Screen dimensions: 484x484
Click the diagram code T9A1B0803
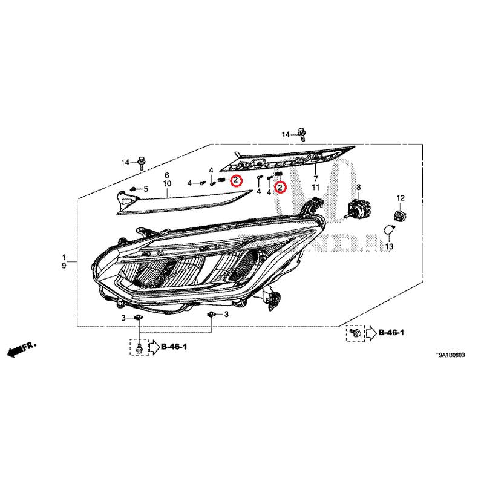[450, 355]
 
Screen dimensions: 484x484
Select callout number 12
[401, 198]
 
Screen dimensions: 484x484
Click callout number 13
[389, 246]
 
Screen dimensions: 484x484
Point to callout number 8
[358, 187]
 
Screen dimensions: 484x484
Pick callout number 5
[146, 189]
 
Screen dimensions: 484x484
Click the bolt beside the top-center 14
[302, 134]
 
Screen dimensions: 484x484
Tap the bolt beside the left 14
[142, 163]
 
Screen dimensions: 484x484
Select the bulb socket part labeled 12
[401, 215]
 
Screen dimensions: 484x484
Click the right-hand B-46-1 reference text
[391, 332]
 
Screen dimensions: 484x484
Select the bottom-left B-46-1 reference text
[174, 347]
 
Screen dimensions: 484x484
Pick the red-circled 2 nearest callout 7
[281, 187]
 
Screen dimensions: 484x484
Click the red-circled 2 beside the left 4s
[236, 180]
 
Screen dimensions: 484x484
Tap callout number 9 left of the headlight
[64, 266]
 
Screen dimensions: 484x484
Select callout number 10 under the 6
[167, 184]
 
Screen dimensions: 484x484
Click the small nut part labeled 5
[133, 189]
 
